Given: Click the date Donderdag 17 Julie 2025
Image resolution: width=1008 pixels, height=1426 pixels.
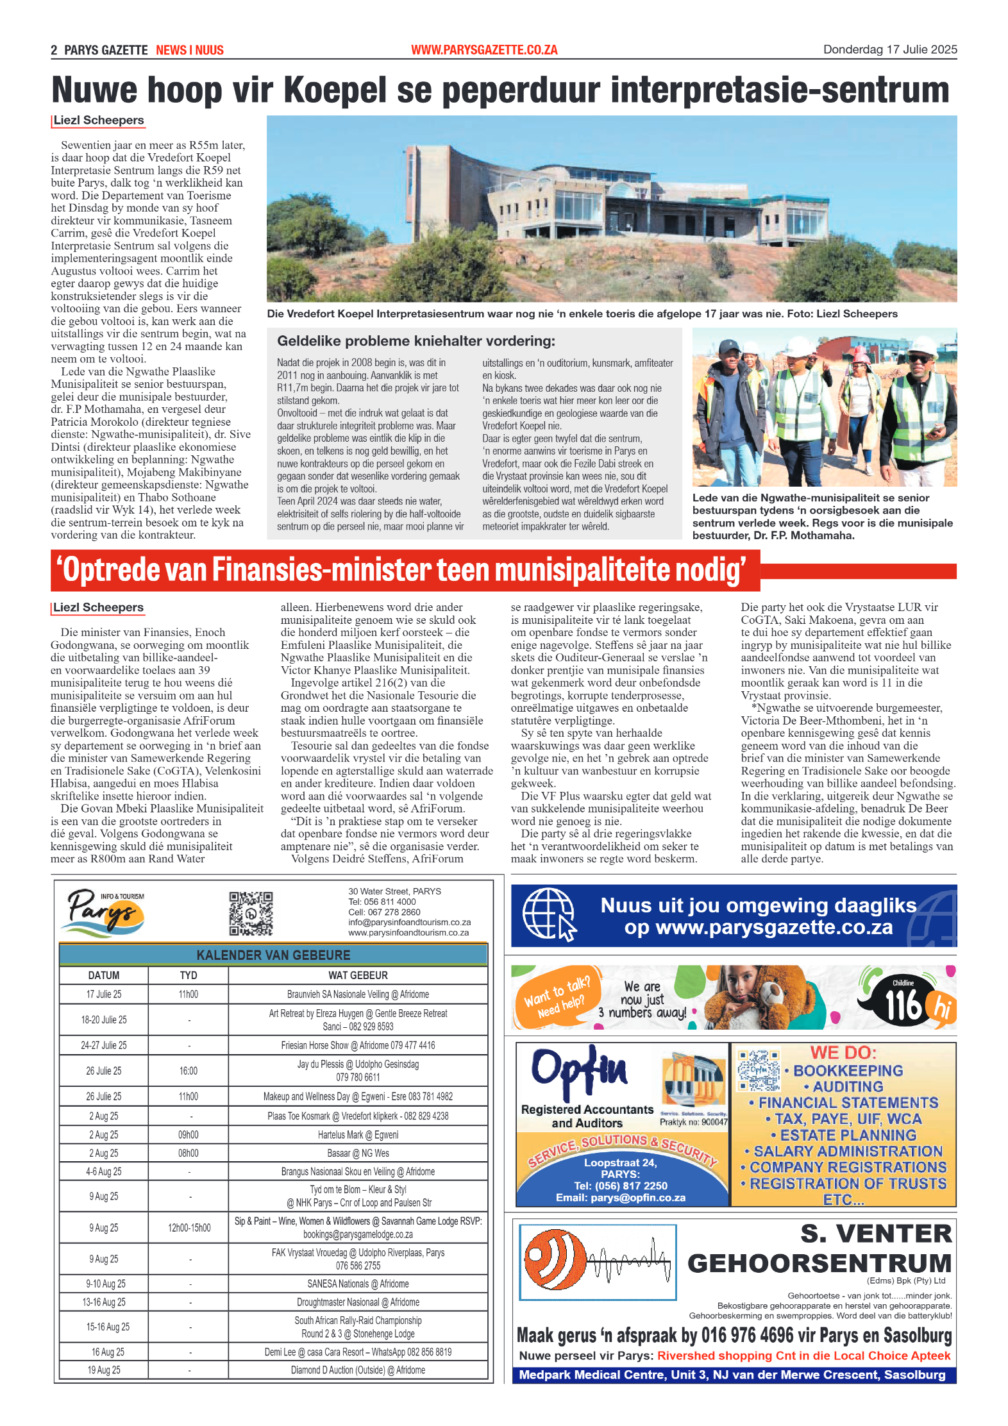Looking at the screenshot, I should tap(889, 49).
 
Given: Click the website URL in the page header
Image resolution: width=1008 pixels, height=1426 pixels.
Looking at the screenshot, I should tap(484, 50).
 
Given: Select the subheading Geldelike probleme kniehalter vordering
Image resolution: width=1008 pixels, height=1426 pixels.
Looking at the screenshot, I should tap(416, 341).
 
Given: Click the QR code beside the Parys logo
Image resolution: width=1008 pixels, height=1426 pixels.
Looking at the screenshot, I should tap(251, 913).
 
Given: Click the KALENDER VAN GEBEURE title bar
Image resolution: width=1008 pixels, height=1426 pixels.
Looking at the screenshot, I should tap(273, 955).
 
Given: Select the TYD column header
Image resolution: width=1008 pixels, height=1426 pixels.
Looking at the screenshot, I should tap(188, 975).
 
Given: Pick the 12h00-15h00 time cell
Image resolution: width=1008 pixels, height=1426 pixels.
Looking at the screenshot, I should tap(189, 1227).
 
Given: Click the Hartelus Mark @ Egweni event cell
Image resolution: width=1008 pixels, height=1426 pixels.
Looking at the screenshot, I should tap(358, 1134).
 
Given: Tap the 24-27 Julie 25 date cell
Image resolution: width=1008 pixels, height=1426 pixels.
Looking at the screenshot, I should tap(104, 1045).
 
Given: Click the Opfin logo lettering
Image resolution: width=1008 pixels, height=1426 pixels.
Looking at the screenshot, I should tap(579, 1070).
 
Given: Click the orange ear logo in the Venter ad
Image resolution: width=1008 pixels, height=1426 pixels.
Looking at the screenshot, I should tap(555, 1261).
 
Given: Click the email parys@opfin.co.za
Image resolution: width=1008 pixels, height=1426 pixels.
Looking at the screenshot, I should tap(620, 1198).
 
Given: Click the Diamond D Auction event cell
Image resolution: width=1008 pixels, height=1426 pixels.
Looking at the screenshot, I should tap(358, 1370).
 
